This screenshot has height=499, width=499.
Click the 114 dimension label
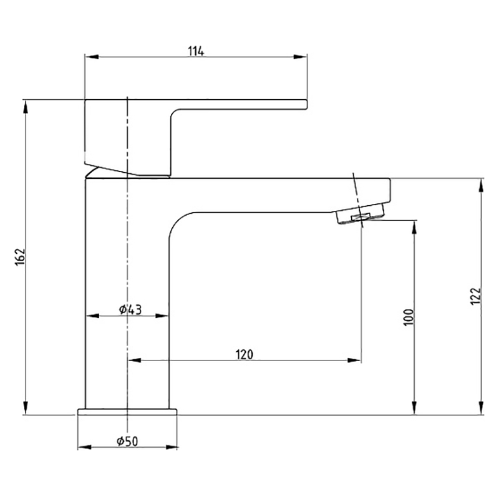pyautogui.click(x=196, y=51)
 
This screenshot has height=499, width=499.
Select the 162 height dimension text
pyautogui.click(x=20, y=256)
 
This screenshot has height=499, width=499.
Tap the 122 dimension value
pyautogui.click(x=475, y=296)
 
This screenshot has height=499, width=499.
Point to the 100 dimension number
pyautogui.click(x=409, y=317)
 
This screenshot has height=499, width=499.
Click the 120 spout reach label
pyautogui.click(x=245, y=354)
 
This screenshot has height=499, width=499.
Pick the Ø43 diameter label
pyautogui.click(x=130, y=309)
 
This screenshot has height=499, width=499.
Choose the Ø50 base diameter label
pyautogui.click(x=128, y=442)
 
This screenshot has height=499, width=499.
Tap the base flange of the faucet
pyautogui.click(x=127, y=412)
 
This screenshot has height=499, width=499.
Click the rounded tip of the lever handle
pyautogui.click(x=306, y=105)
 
